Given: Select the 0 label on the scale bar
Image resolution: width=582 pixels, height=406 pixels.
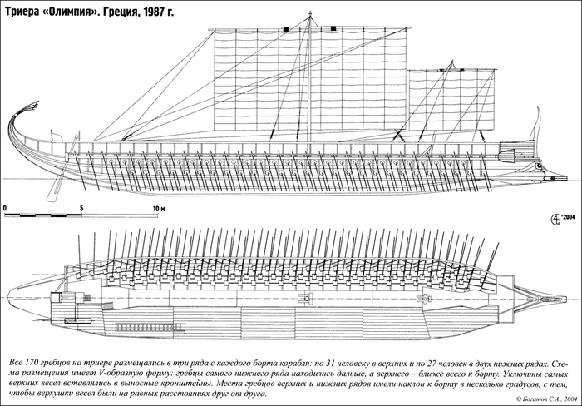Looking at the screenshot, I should (5, 205).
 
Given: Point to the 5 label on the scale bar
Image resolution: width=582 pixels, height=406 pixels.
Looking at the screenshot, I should (81, 205).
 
